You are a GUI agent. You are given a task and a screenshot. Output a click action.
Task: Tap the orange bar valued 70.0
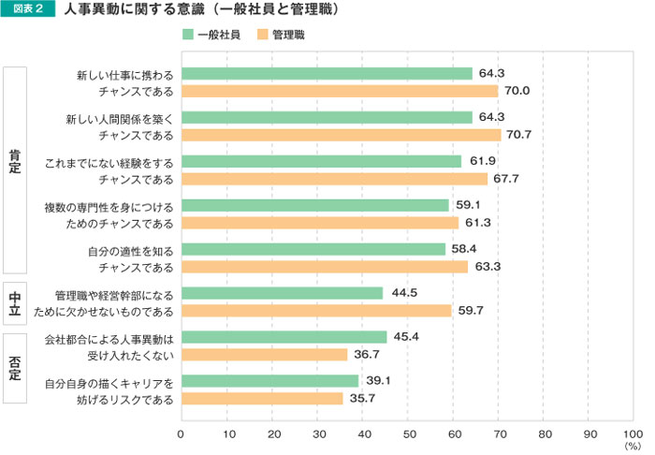(339, 91)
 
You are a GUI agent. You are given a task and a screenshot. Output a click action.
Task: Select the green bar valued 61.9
(321, 161)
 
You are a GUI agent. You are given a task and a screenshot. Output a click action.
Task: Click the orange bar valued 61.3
(320, 223)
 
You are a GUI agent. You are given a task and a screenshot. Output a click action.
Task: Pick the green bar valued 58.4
(313, 249)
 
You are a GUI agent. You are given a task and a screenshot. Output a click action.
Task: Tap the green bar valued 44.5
(282, 293)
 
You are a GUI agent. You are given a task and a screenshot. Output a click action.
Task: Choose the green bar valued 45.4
(284, 337)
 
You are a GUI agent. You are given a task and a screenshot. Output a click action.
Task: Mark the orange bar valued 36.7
(264, 355)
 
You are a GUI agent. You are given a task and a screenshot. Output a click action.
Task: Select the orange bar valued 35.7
(262, 399)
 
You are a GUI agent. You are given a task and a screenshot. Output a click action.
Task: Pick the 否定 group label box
(15, 367)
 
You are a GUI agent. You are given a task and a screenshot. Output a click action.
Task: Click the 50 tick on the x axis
(408, 433)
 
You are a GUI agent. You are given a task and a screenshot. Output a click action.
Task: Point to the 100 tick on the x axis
(633, 433)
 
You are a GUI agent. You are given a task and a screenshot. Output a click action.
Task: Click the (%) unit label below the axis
(633, 447)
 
